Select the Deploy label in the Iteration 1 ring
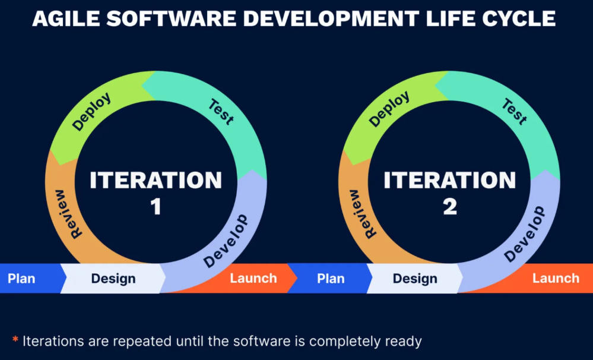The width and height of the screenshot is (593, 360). [91, 112]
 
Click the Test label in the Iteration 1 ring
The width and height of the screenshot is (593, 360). [222, 112]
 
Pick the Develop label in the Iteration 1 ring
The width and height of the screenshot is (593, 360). [226, 241]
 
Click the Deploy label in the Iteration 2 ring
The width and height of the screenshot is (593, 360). [389, 109]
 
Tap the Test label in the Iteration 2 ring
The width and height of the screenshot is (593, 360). [515, 112]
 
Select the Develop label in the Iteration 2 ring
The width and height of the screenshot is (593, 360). [525, 235]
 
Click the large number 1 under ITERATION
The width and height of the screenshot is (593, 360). [156, 207]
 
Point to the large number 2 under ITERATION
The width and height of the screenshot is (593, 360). [450, 207]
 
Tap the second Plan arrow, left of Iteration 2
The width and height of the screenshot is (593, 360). [330, 278]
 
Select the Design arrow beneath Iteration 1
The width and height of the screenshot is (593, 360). [113, 278]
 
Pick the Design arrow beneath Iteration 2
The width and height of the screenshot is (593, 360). [415, 278]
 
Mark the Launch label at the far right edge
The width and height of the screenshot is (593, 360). [556, 279]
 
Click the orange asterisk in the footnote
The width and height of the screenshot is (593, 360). [15, 339]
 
